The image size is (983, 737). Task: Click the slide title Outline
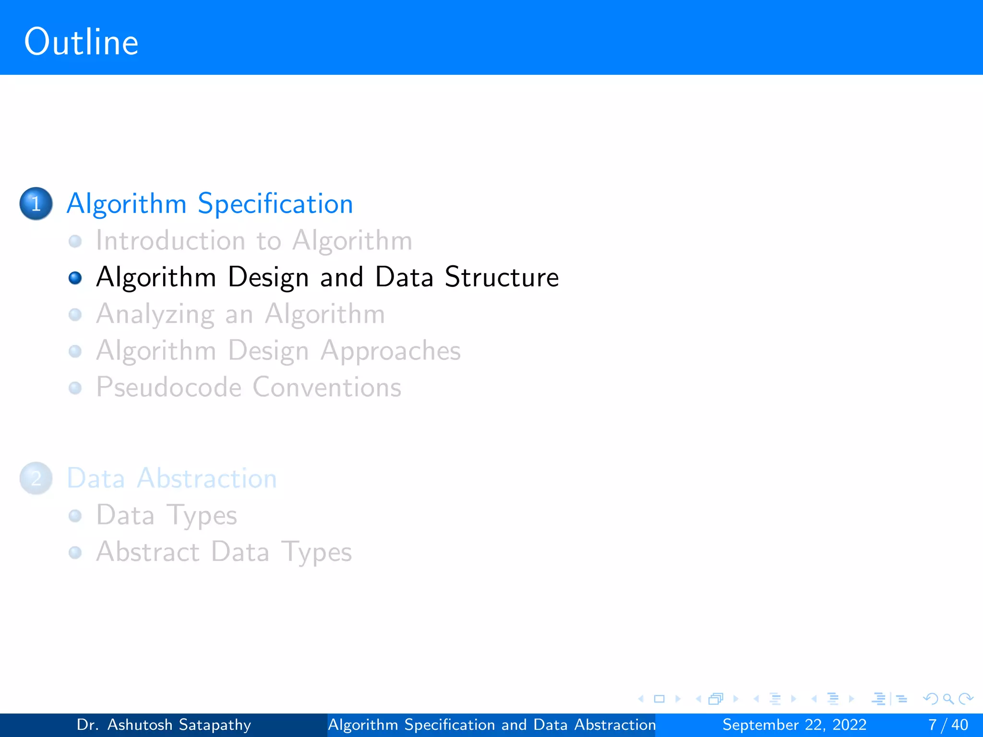[x=81, y=42]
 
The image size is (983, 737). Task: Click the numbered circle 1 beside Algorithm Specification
[x=36, y=203]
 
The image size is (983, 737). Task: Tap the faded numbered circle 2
[x=36, y=478]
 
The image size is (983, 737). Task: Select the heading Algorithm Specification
[x=210, y=203]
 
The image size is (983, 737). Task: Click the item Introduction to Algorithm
[x=254, y=240]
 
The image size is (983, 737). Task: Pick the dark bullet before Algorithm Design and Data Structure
[x=75, y=278]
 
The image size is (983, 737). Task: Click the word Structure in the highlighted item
[x=502, y=277]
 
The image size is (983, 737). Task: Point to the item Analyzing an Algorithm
[x=240, y=314]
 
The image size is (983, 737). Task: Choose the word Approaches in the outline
[x=391, y=351]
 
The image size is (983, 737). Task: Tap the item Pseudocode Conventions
[x=249, y=387]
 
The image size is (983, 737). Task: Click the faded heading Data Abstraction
[x=172, y=478]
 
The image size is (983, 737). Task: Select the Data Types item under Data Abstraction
[x=167, y=515]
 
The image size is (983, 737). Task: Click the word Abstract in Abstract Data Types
[x=148, y=552]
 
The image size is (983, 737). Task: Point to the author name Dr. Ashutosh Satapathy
[x=164, y=725]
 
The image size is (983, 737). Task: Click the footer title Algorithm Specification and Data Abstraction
[x=491, y=725]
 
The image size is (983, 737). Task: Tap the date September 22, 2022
[x=794, y=725]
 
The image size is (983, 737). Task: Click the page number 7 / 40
[x=948, y=725]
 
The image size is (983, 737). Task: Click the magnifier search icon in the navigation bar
[x=948, y=699]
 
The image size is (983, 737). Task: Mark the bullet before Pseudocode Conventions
[x=75, y=388]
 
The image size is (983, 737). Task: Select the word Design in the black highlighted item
[x=268, y=278]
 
